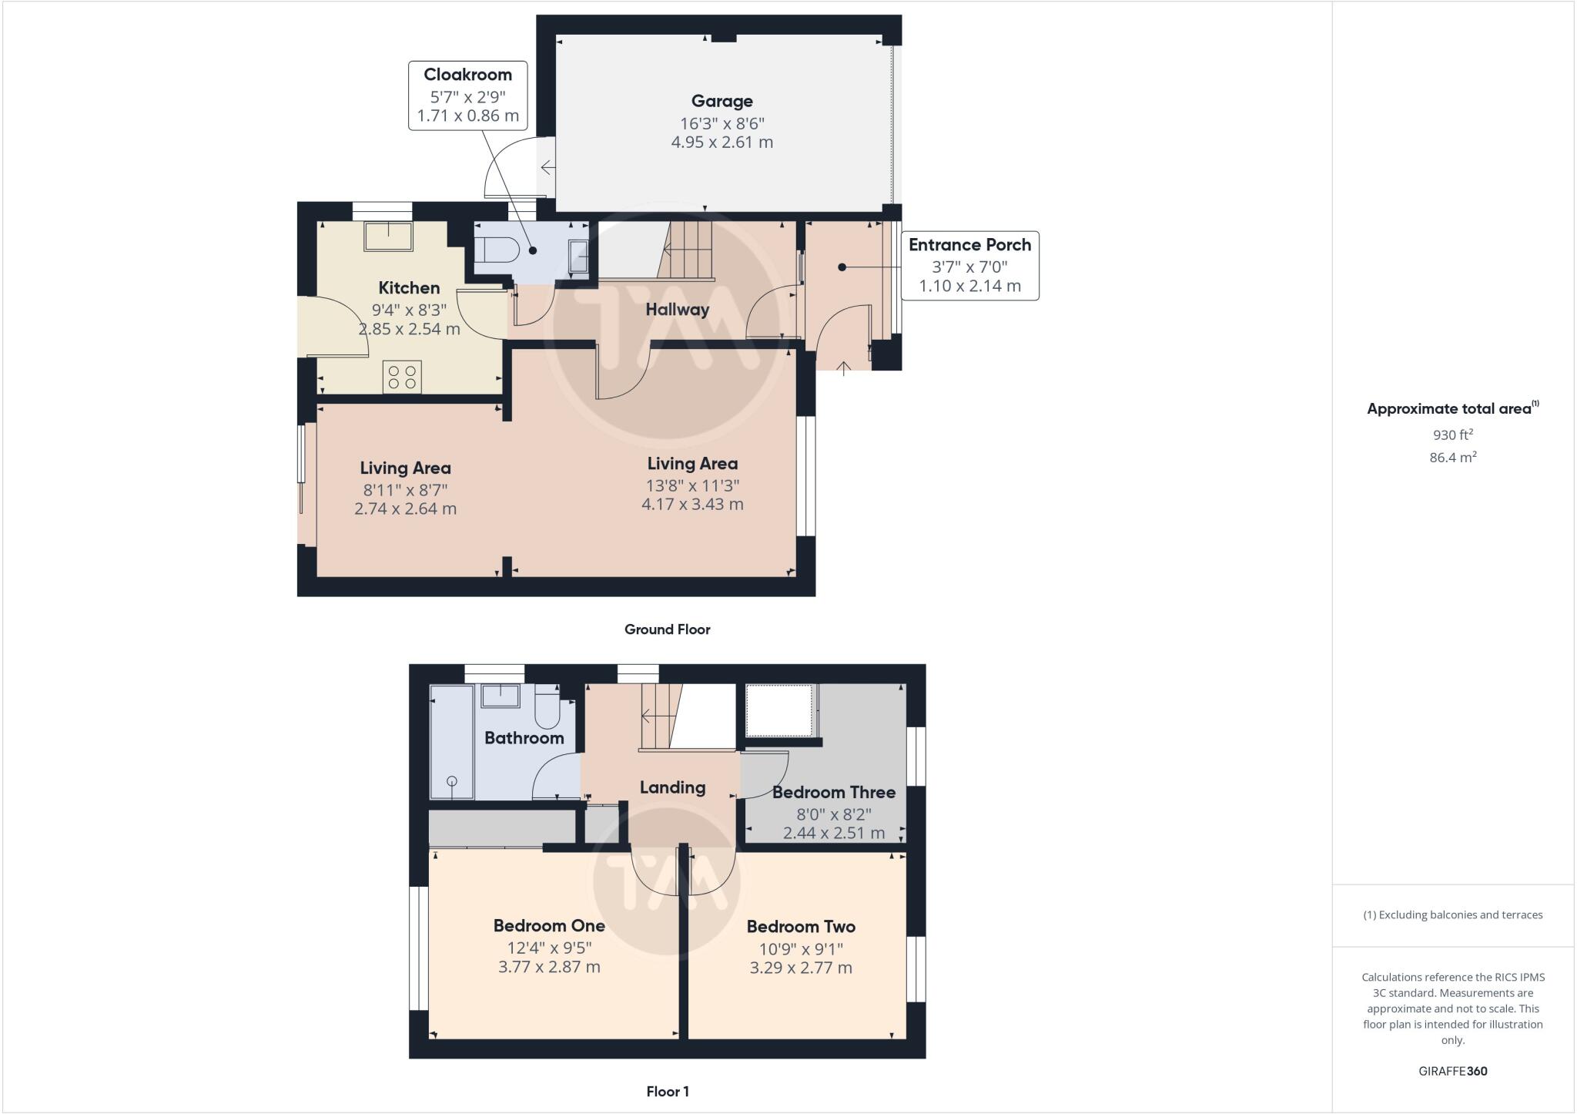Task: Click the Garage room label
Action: pyautogui.click(x=722, y=101)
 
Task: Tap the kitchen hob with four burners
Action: pyautogui.click(x=402, y=377)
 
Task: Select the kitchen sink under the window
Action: pyautogui.click(x=389, y=236)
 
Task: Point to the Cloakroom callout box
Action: pyautogui.click(x=467, y=96)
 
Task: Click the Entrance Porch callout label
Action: pyautogui.click(x=969, y=245)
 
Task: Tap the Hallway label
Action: pyautogui.click(x=677, y=310)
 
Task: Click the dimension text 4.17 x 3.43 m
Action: pyautogui.click(x=692, y=505)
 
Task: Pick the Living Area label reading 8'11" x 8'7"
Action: pyautogui.click(x=405, y=468)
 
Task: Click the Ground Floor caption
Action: pyautogui.click(x=667, y=629)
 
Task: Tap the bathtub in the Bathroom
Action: pyautogui.click(x=451, y=742)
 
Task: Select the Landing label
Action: pyautogui.click(x=672, y=787)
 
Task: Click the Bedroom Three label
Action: pyautogui.click(x=833, y=792)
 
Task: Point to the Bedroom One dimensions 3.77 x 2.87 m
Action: pyautogui.click(x=549, y=967)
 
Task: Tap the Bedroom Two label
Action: pyautogui.click(x=801, y=927)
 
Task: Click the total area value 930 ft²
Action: pyautogui.click(x=1452, y=435)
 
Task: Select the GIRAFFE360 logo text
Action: pyautogui.click(x=1452, y=1071)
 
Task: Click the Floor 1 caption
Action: pyautogui.click(x=667, y=1092)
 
